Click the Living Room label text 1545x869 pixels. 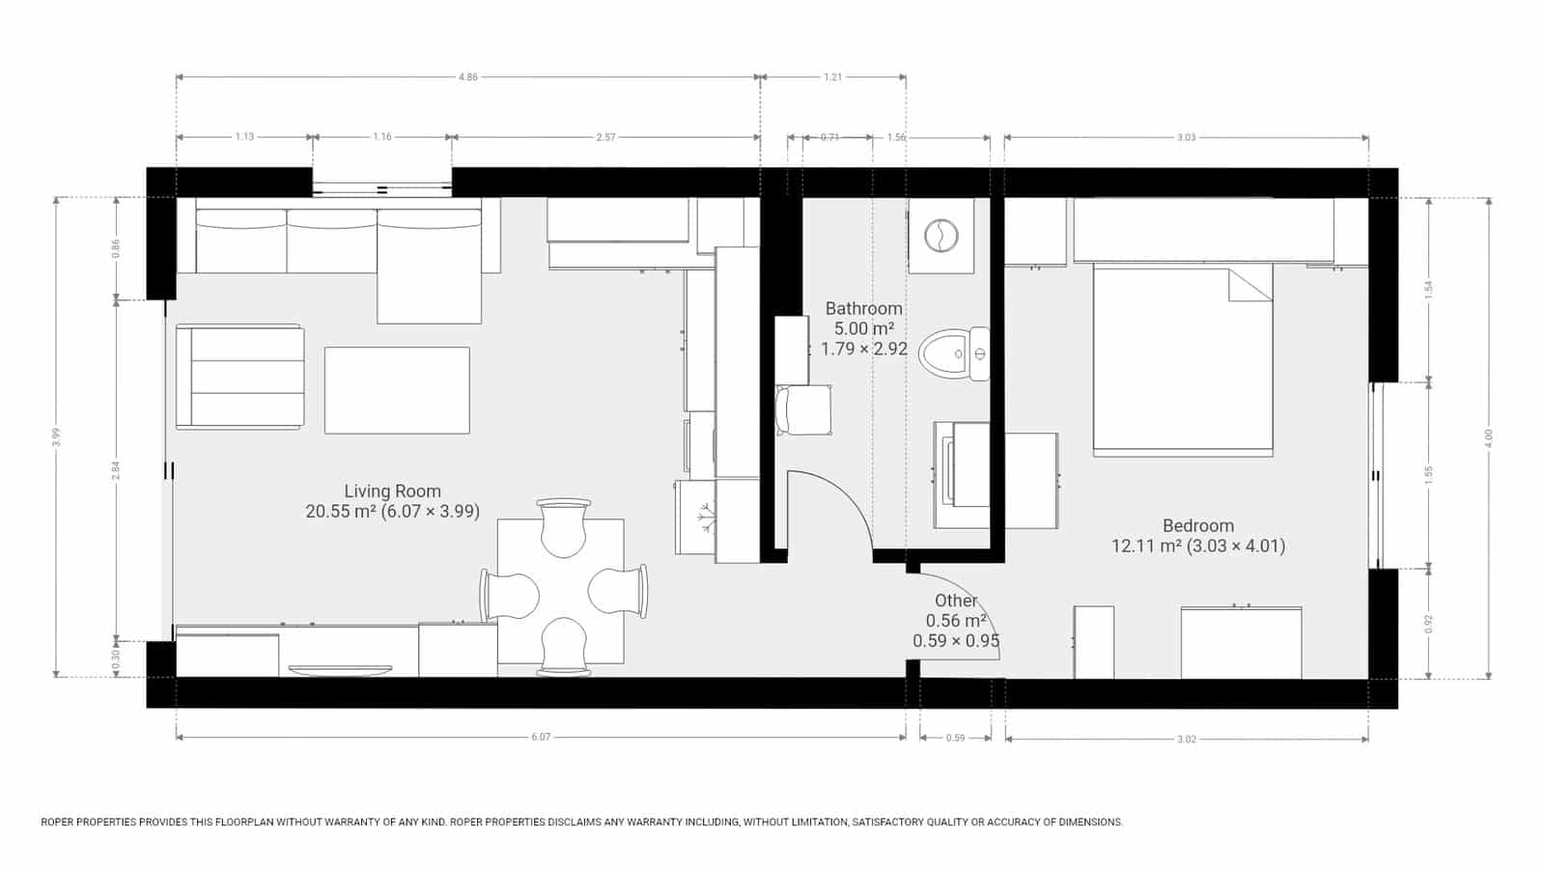click(x=392, y=491)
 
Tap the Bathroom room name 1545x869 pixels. click(x=863, y=309)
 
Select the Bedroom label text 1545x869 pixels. click(x=1197, y=526)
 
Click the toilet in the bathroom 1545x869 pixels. click(x=951, y=354)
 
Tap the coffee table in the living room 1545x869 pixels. click(x=397, y=390)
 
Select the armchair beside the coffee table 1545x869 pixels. click(x=239, y=377)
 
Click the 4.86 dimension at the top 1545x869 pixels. click(x=467, y=77)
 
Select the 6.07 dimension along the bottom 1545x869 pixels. click(x=541, y=738)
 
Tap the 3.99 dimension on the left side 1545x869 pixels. click(x=57, y=436)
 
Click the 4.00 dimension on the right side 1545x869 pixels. click(x=1488, y=437)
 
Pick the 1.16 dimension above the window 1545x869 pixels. click(x=382, y=137)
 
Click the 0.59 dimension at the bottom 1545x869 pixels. click(x=955, y=738)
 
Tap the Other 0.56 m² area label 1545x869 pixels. click(x=956, y=620)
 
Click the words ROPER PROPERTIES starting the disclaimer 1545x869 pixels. click(x=88, y=823)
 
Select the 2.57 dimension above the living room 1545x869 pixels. click(x=605, y=137)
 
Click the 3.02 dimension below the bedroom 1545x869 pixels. click(x=1186, y=739)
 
